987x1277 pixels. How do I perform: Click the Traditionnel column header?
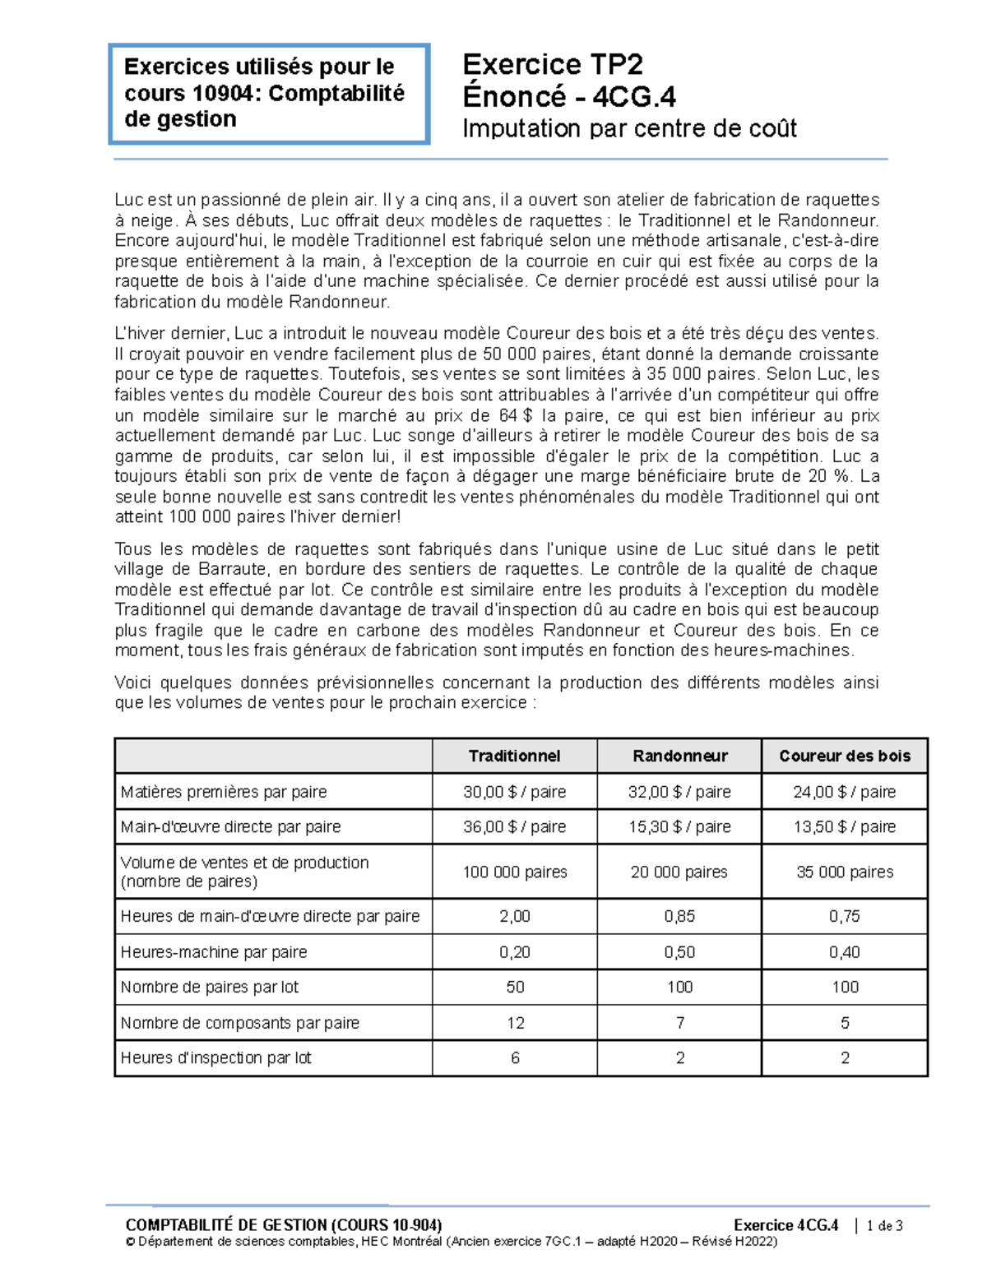(x=514, y=756)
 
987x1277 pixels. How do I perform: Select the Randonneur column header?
(x=679, y=756)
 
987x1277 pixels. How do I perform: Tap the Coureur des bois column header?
(x=845, y=756)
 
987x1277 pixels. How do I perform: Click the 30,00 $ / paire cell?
(x=514, y=792)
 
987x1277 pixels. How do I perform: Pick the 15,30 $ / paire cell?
(x=679, y=826)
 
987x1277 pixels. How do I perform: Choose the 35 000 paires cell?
(x=845, y=872)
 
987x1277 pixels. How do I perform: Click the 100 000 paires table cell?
(x=514, y=872)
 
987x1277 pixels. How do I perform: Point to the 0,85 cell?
(x=679, y=916)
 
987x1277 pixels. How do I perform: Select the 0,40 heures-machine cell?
(x=845, y=952)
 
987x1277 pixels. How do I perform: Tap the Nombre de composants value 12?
(x=515, y=1023)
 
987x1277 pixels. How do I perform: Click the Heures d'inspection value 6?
(x=515, y=1058)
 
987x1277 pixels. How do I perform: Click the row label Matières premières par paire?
(x=224, y=792)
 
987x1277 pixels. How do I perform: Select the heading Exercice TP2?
(x=553, y=64)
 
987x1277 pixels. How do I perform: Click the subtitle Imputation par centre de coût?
(x=629, y=128)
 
